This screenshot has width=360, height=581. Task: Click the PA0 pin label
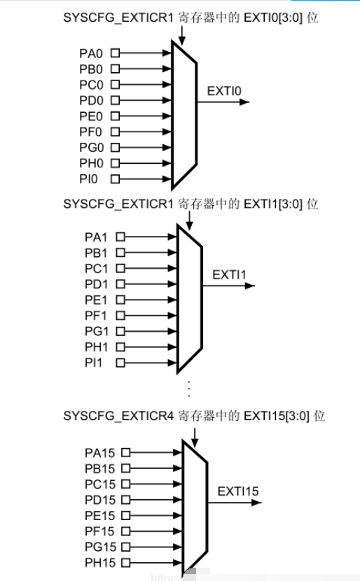pyautogui.click(x=91, y=53)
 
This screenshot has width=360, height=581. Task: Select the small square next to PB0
pyautogui.click(x=116, y=69)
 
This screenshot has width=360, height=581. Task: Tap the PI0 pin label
pyautogui.click(x=88, y=179)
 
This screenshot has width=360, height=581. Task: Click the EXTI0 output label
pyautogui.click(x=224, y=91)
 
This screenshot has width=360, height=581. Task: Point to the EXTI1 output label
pyautogui.click(x=229, y=274)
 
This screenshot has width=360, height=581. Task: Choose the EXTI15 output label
pyautogui.click(x=237, y=491)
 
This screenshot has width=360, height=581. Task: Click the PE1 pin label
pyautogui.click(x=96, y=300)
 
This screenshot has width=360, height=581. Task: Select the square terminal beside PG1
pyautogui.click(x=120, y=331)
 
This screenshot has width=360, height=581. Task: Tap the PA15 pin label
pyautogui.click(x=99, y=453)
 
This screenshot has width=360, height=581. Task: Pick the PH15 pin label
pyautogui.click(x=100, y=563)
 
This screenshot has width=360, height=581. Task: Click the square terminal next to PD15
pyautogui.click(x=126, y=500)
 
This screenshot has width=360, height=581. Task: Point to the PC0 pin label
pyautogui.click(x=91, y=85)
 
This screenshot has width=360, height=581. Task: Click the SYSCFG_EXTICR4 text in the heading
pyautogui.click(x=118, y=416)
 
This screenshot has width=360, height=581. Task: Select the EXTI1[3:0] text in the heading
pyautogui.click(x=273, y=204)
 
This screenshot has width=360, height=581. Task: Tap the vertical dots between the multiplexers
pyautogui.click(x=189, y=388)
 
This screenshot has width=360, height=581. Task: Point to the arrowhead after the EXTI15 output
pyautogui.click(x=256, y=503)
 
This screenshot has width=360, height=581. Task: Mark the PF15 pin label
pyautogui.click(x=99, y=531)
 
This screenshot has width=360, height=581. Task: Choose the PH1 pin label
pyautogui.click(x=97, y=347)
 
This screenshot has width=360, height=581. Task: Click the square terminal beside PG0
pyautogui.click(x=116, y=148)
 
